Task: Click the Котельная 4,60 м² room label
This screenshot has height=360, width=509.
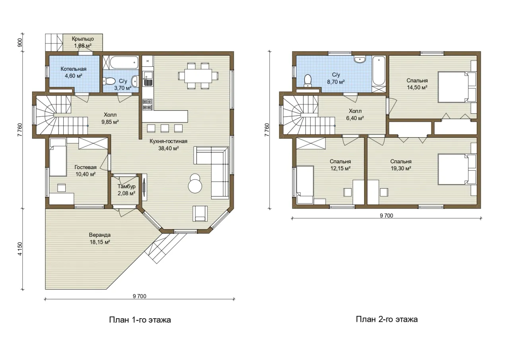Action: [74, 72]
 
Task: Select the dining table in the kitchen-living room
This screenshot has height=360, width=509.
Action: [198, 76]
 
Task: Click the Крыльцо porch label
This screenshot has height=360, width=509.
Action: [83, 42]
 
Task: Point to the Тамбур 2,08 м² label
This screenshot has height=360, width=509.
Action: [126, 190]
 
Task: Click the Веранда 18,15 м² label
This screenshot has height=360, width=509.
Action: [100, 238]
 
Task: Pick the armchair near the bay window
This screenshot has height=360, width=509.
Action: [200, 213]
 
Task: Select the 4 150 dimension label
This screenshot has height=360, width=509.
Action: [20, 249]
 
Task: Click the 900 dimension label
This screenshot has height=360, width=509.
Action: [20, 43]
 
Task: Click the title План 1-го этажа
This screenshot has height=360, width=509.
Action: [140, 320]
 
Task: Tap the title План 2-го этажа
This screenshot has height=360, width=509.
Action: [387, 319]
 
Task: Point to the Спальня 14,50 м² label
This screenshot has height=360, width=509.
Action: [417, 84]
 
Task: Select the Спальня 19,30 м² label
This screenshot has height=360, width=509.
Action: [401, 165]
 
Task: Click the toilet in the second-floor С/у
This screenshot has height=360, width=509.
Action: [308, 80]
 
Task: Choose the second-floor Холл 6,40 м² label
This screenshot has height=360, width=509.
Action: [355, 115]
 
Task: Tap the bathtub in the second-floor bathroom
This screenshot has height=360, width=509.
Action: [379, 71]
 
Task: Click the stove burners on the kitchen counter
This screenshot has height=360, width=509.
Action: [148, 105]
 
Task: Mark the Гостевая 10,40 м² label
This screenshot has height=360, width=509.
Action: [85, 171]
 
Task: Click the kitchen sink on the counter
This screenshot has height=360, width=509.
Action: [148, 78]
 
